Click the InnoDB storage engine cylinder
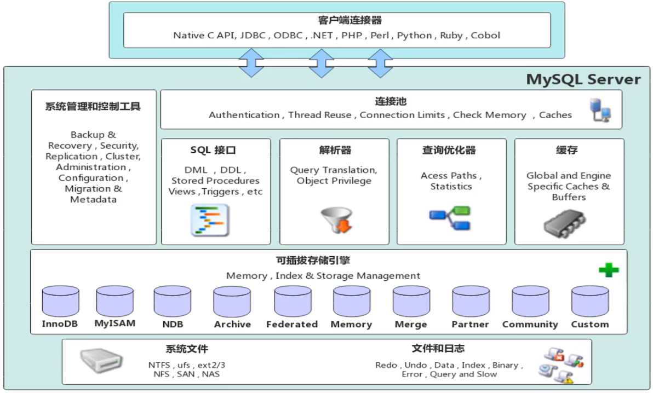[x=60, y=301]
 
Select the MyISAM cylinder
[x=114, y=300]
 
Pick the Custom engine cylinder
[x=590, y=301]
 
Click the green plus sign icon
[x=609, y=270]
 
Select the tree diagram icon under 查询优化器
[x=450, y=218]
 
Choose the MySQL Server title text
[x=583, y=79]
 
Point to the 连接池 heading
[x=391, y=102]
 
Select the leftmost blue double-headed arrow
[x=251, y=62]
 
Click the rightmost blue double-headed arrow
[x=380, y=62]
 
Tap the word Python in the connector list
[x=414, y=36]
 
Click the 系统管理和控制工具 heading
[x=93, y=106]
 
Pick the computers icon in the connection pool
[x=600, y=110]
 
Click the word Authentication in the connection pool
[x=244, y=115]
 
